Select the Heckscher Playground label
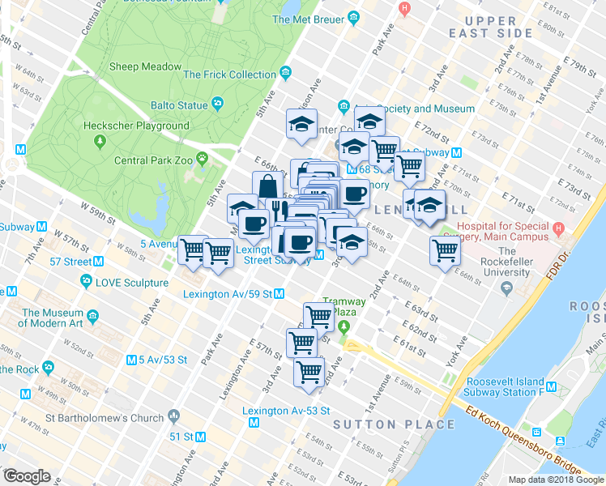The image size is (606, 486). (x=135, y=126)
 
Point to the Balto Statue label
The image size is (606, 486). (x=179, y=104)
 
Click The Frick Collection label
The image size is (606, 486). (x=230, y=75)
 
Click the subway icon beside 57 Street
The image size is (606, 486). (x=98, y=261)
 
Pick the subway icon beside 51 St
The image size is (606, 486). (x=200, y=436)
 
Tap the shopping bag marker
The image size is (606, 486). (x=267, y=185)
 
